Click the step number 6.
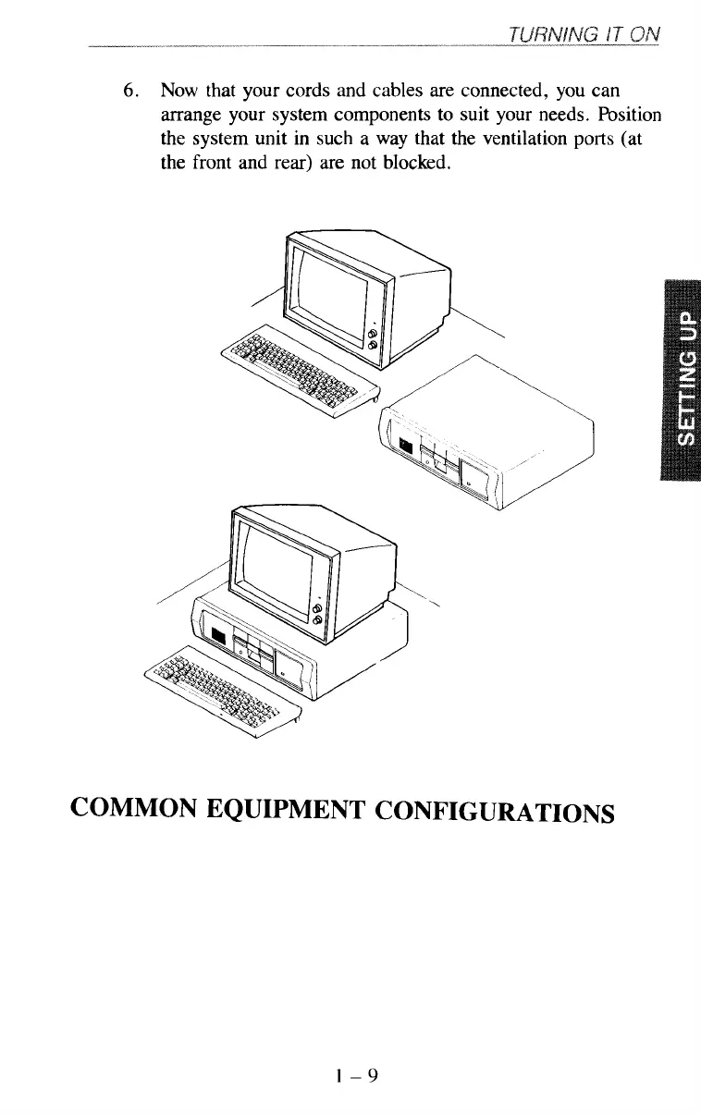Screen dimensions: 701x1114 coord(132,92)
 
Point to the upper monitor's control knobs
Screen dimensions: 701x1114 coord(373,337)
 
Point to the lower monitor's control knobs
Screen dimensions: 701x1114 coord(318,615)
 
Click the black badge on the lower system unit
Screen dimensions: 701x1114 coord(218,637)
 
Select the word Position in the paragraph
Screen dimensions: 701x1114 coord(628,116)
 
